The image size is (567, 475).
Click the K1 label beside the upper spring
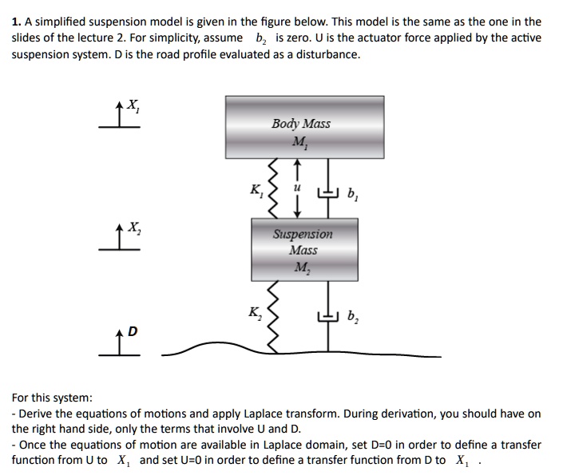(x=256, y=191)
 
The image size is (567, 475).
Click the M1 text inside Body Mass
(x=300, y=143)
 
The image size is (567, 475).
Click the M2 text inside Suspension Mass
(x=303, y=267)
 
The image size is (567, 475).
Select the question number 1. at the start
(x=16, y=22)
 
